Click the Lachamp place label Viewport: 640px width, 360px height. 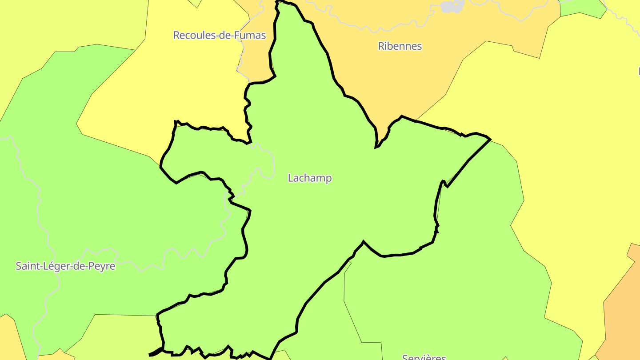(310, 178)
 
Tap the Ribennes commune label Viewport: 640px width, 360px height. (400, 46)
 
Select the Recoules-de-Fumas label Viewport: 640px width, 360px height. (219, 35)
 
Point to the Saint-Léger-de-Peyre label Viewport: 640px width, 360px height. (65, 266)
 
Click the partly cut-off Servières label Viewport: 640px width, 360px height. (424, 357)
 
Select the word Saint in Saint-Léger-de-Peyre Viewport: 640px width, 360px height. (26, 266)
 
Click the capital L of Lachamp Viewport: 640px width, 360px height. (291, 178)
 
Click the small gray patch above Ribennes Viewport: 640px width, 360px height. (452, 6)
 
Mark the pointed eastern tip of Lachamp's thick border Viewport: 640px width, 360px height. (490, 139)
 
